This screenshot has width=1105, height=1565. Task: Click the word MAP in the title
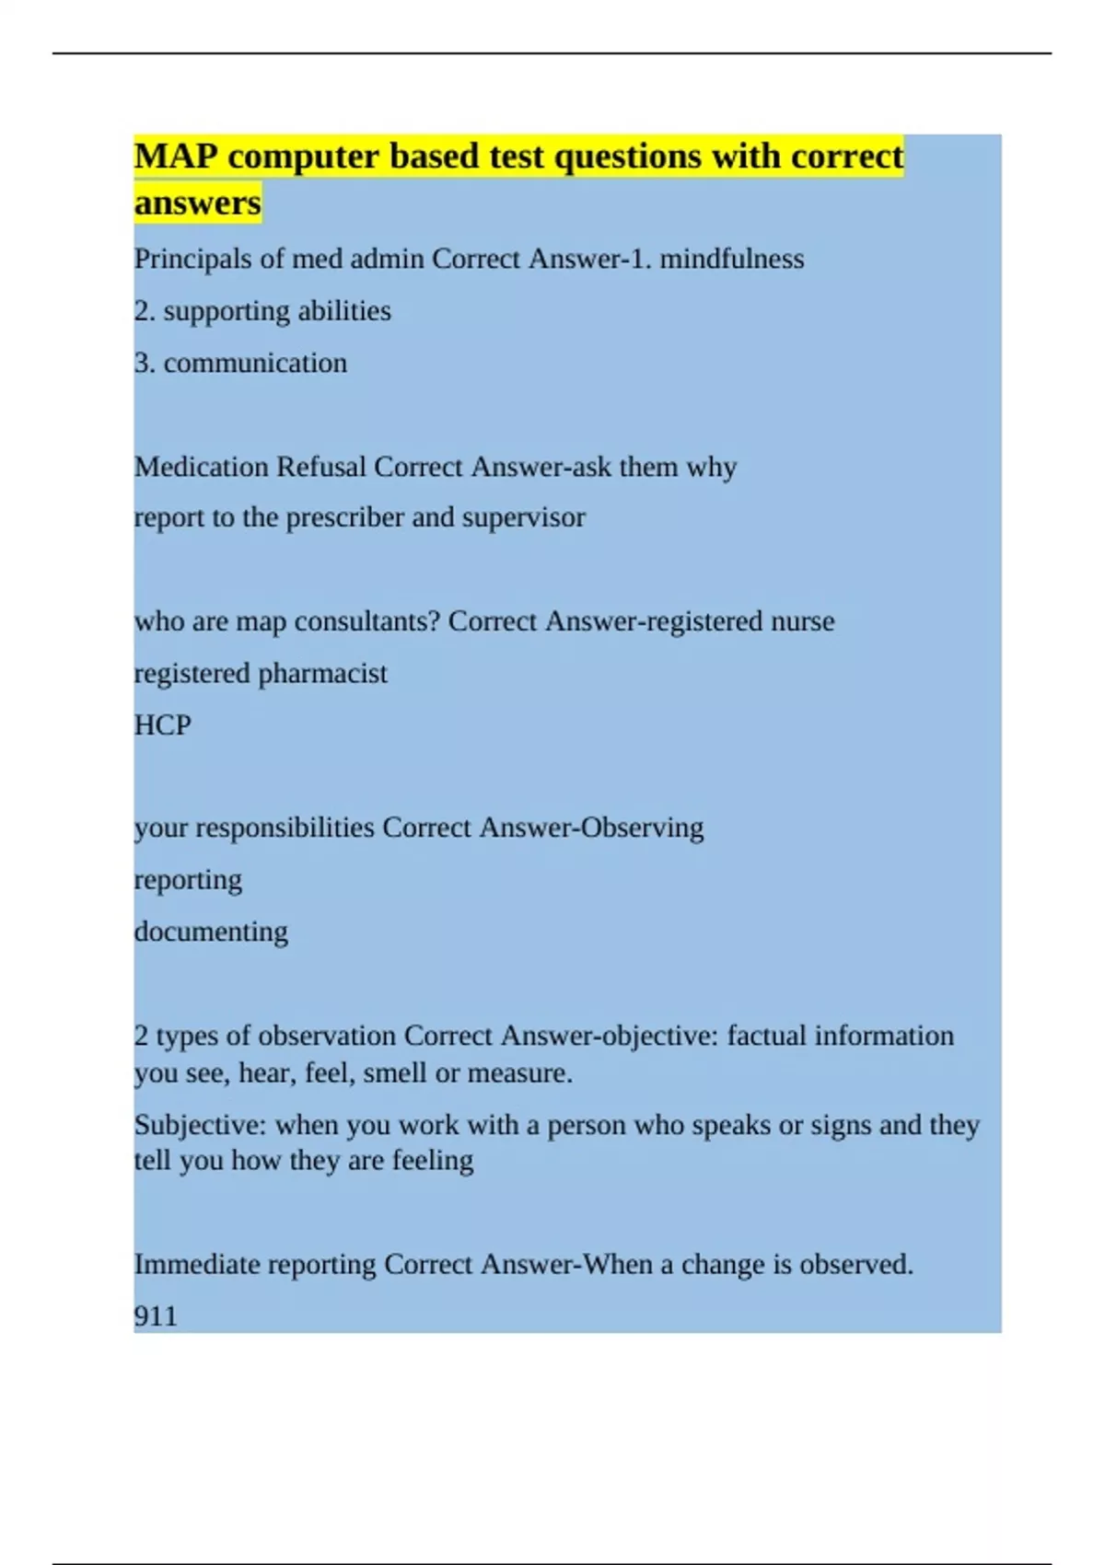click(176, 156)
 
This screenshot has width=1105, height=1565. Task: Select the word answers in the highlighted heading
click(197, 202)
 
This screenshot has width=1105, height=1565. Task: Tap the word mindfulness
click(731, 259)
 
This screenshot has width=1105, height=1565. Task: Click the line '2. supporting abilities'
click(262, 311)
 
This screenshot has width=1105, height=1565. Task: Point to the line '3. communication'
click(240, 363)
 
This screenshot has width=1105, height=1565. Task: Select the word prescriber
click(344, 517)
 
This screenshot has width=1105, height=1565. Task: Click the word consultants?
click(367, 621)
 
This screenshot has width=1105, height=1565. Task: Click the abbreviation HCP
click(162, 725)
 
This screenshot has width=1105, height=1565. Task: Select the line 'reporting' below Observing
click(188, 880)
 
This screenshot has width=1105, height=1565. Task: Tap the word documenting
click(211, 932)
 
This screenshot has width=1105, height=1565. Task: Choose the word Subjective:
click(201, 1125)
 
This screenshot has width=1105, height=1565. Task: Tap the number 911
click(156, 1316)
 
